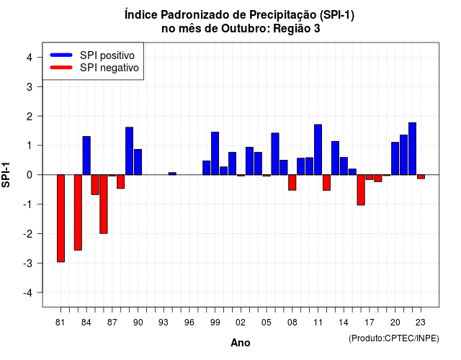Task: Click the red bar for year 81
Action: [x=61, y=218]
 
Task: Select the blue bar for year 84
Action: [x=86, y=156]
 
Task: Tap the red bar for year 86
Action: [x=104, y=204]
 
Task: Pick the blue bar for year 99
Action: [x=215, y=153]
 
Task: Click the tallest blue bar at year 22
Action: [x=412, y=149]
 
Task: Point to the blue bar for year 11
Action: [x=318, y=150]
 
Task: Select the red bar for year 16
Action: [x=361, y=190]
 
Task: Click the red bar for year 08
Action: [x=292, y=182]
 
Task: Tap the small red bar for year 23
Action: [x=421, y=176]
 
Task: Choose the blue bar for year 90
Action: [x=138, y=162]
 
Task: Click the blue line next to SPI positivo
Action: [x=61, y=55]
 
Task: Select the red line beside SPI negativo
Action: [x=61, y=68]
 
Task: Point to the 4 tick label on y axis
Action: [x=30, y=58]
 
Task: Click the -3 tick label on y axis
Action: [x=27, y=264]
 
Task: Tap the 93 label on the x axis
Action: [x=164, y=323]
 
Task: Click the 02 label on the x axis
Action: [x=240, y=323]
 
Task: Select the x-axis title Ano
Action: [x=240, y=343]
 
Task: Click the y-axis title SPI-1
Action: [x=6, y=175]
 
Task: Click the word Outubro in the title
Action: [x=246, y=29]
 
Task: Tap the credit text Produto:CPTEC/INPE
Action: [x=394, y=338]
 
